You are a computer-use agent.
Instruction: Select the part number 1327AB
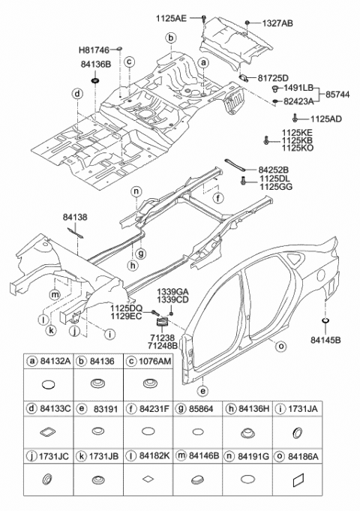coord(277,23)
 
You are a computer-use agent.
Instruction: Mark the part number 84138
coord(76,217)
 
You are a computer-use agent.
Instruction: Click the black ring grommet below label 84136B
coord(95,80)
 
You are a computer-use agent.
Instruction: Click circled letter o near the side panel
coord(281,347)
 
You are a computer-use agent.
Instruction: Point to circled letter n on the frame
coord(136,191)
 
